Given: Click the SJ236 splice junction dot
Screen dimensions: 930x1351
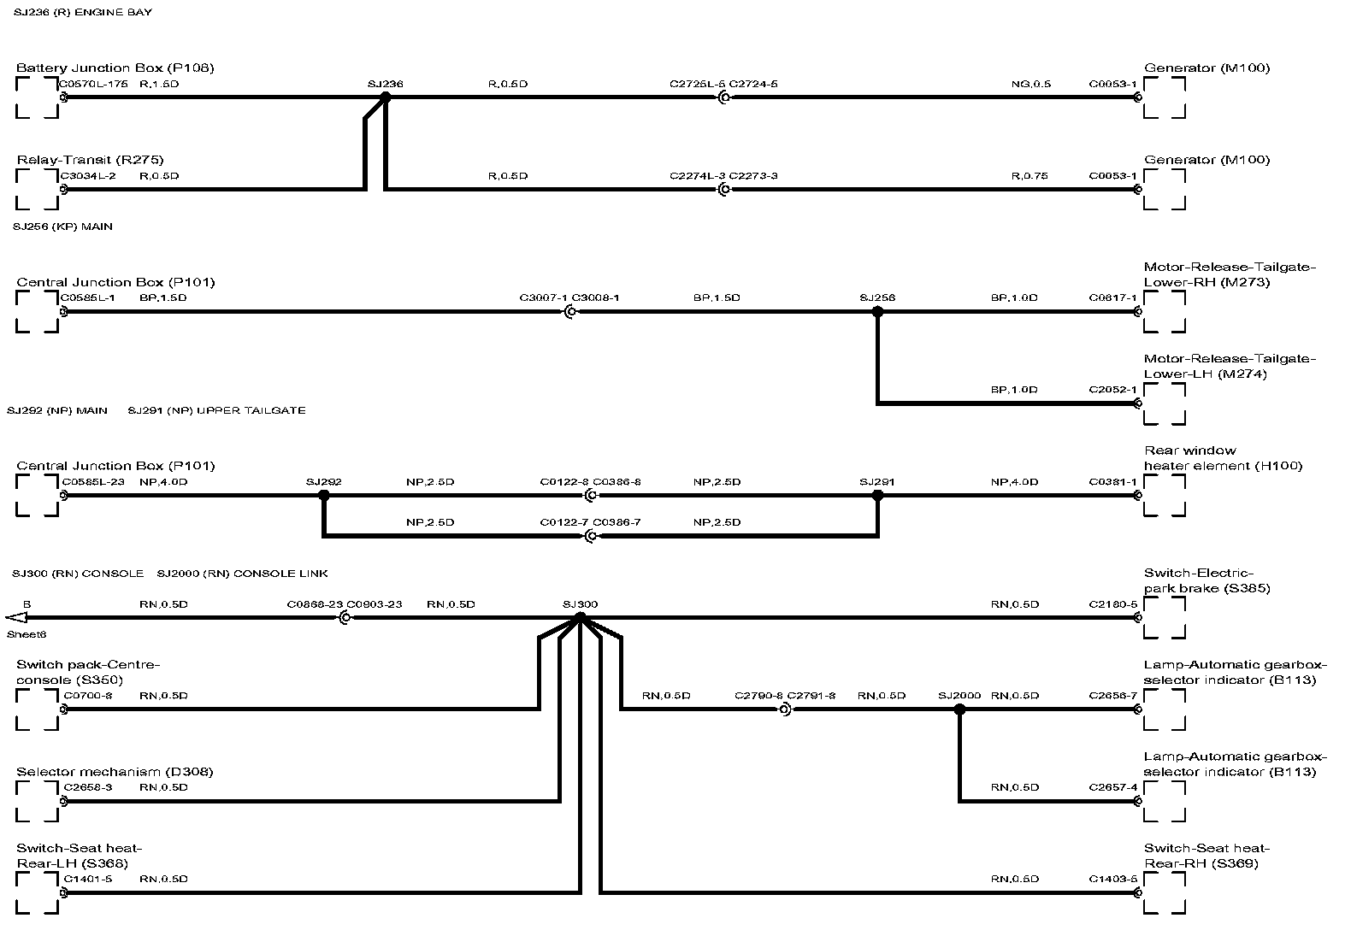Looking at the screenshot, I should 385,98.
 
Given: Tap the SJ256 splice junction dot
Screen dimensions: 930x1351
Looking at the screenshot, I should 876,312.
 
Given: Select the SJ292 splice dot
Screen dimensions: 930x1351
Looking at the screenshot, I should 323,496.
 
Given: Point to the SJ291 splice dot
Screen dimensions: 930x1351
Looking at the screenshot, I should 876,496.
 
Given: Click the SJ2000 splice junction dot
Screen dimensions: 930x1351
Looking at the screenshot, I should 959,709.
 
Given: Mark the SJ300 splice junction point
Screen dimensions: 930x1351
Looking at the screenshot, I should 580,617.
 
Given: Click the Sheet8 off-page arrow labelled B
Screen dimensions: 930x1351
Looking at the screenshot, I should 16,618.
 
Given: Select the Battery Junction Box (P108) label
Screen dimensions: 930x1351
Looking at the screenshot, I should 115,68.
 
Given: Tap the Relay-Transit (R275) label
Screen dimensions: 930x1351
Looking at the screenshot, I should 90,160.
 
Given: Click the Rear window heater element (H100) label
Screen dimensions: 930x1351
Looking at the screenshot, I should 1223,458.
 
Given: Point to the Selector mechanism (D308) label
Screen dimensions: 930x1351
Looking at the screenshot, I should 115,772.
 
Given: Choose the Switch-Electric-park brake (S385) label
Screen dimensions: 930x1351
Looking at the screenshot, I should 1206,580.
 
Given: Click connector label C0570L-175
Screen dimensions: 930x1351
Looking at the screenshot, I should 93,85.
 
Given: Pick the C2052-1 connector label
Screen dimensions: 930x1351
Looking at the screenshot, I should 1112,390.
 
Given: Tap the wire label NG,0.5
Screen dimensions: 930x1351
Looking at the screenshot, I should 1030,85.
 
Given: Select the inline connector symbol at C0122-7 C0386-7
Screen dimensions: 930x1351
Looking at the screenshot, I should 590,536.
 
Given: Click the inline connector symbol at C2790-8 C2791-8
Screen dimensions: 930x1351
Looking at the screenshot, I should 784,709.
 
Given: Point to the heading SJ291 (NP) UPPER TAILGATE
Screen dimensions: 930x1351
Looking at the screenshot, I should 216,410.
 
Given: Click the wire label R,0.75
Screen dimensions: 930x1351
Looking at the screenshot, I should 1029,176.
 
